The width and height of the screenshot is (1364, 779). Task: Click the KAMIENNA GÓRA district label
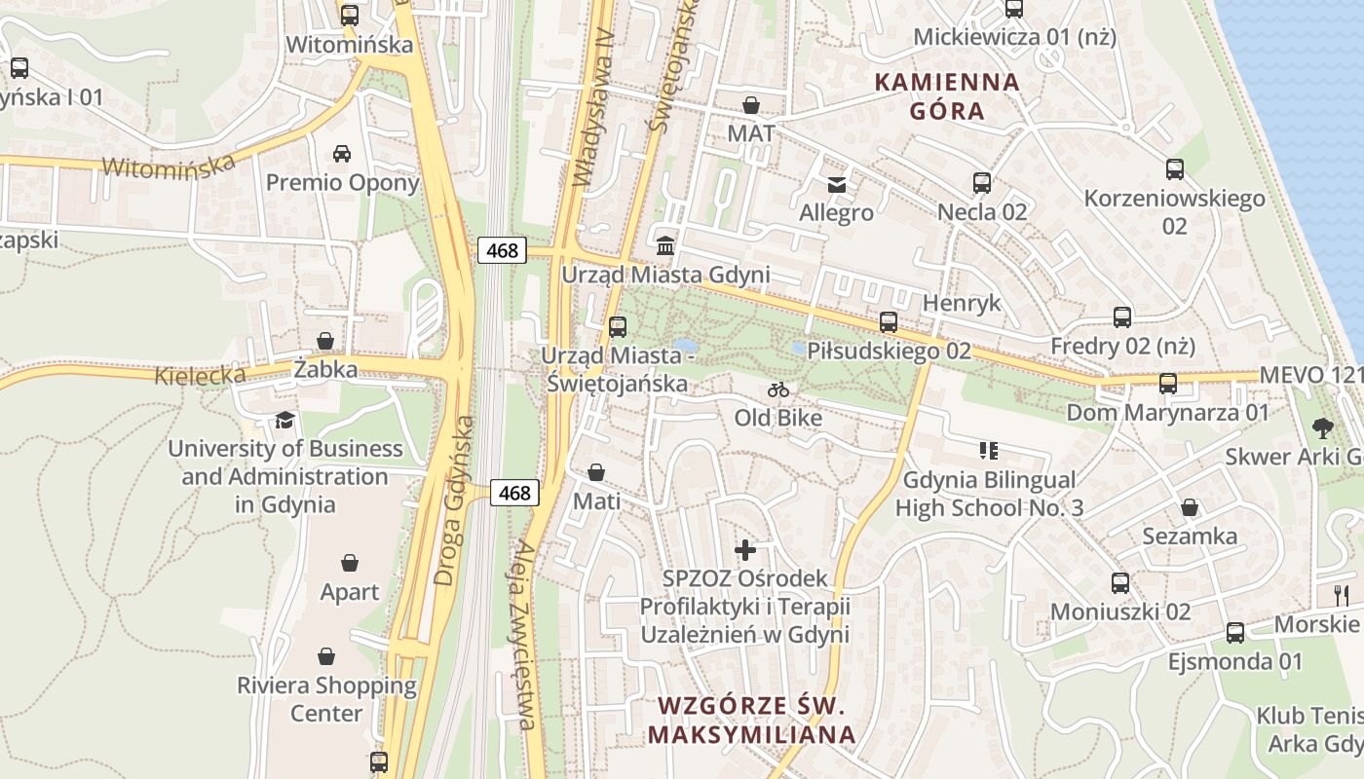click(947, 96)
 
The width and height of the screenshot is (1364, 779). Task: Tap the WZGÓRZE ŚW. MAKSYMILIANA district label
click(751, 719)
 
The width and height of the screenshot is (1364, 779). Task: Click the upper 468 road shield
click(502, 250)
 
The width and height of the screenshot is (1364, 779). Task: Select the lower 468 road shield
click(513, 493)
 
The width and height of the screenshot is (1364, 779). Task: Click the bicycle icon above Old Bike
click(777, 389)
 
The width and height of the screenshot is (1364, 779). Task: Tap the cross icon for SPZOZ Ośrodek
click(745, 550)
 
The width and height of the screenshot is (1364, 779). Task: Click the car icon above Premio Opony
click(342, 153)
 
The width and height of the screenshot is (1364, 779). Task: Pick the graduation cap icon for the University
click(284, 420)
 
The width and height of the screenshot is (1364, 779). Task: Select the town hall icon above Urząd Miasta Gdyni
click(665, 244)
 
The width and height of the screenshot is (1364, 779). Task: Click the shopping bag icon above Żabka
click(325, 341)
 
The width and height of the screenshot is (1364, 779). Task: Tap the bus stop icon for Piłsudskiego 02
click(888, 321)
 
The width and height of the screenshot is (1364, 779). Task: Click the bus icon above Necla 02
click(981, 182)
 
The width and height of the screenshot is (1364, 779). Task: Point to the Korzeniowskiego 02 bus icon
click(1174, 169)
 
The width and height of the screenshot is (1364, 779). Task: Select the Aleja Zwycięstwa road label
click(522, 633)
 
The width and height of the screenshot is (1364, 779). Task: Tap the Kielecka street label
click(200, 374)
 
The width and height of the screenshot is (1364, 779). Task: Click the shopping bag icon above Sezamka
click(1189, 507)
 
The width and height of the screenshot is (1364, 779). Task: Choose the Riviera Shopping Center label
click(326, 699)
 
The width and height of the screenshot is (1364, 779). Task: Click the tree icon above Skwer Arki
click(1322, 427)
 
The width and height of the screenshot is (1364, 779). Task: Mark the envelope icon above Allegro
click(836, 184)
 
